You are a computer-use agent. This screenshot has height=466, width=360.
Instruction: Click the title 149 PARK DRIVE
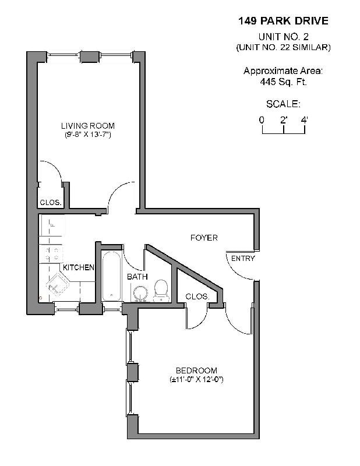[283, 21]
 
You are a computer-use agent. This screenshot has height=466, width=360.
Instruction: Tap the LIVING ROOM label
[88, 126]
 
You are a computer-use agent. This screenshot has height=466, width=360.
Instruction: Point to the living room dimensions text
[88, 135]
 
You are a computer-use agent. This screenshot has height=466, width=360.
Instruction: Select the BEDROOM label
[196, 370]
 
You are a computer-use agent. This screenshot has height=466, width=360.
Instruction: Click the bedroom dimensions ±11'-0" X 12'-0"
[196, 380]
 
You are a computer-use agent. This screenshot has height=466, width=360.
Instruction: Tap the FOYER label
[204, 238]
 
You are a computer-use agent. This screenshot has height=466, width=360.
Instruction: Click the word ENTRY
[243, 259]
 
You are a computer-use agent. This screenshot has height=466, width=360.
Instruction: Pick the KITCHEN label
[79, 267]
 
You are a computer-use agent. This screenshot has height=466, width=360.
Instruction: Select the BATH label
[137, 277]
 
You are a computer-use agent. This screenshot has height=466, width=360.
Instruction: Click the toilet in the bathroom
[161, 291]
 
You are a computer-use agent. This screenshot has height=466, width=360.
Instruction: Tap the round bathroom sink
[140, 294]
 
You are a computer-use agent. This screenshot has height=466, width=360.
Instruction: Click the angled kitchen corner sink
[57, 284]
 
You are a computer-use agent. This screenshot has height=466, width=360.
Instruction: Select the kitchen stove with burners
[51, 254]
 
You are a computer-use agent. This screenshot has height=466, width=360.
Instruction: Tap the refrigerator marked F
[52, 225]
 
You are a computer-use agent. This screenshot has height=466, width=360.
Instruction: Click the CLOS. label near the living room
[51, 202]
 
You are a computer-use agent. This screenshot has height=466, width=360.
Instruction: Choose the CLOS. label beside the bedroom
[197, 296]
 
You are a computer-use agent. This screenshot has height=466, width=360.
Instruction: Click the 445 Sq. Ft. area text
[283, 82]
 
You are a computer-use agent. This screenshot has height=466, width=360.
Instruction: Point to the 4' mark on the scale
[305, 120]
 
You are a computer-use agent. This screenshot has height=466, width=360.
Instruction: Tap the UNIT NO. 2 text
[283, 37]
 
